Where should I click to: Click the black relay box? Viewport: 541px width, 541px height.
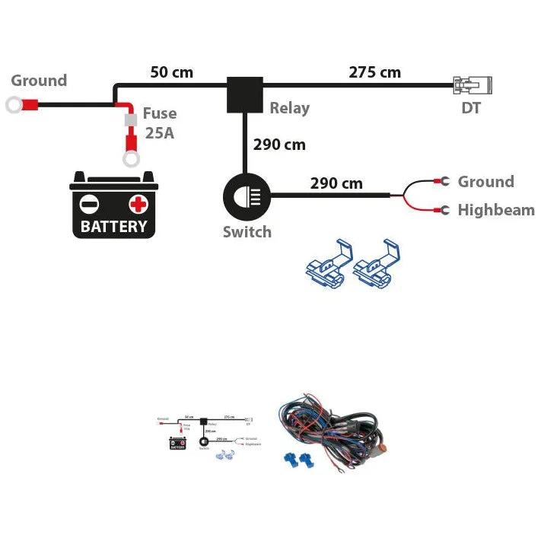tap(245, 94)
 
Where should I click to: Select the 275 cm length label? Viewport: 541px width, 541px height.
tap(374, 73)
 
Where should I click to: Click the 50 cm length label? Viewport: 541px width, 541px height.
tap(171, 73)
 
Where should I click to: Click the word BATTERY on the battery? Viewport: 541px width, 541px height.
tap(113, 226)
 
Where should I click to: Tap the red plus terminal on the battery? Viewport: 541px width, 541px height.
tap(138, 204)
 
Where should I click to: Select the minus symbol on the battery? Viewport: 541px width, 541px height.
tap(90, 204)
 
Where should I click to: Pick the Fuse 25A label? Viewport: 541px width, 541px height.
tap(160, 123)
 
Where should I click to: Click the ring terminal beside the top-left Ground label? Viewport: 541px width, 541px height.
tap(14, 104)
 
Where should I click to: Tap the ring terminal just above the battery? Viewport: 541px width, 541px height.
tap(130, 158)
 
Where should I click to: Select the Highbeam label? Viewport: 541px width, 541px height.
tap(496, 210)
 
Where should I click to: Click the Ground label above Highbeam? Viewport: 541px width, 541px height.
tap(485, 182)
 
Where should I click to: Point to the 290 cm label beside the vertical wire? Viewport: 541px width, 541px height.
tap(279, 145)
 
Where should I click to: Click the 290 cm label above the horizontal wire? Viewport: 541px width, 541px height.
tap(336, 183)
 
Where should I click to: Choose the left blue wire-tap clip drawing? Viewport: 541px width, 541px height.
tap(325, 264)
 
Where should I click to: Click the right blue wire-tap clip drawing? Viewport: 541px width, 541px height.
tap(376, 264)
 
